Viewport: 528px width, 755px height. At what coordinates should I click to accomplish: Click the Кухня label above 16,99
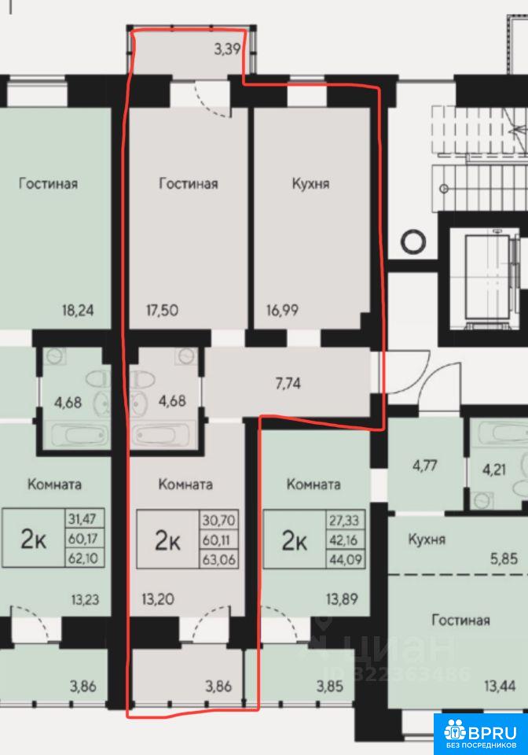point(310,183)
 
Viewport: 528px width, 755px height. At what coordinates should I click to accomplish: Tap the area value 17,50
point(162,310)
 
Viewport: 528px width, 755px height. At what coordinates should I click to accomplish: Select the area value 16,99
point(282,310)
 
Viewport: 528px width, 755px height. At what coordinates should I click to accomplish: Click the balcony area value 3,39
point(227,49)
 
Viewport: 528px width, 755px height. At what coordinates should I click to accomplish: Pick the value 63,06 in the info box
point(218,560)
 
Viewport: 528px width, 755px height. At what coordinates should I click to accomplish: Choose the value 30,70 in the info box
point(218,520)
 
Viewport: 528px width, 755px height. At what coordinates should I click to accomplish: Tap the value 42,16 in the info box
point(344,540)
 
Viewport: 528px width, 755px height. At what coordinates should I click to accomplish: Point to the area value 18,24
point(78,310)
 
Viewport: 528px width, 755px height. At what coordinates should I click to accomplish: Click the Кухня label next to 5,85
point(427,540)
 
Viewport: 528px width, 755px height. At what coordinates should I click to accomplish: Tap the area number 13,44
point(500,686)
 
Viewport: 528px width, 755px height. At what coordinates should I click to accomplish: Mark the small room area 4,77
point(424,466)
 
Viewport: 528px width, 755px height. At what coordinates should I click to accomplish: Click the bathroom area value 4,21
point(493,469)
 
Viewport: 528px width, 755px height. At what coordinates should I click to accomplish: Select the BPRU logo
point(481,733)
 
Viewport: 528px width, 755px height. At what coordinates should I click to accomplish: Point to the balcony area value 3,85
point(330,686)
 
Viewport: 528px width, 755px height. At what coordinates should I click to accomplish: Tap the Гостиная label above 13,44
point(460,620)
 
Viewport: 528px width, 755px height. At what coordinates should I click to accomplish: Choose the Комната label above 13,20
point(185,484)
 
